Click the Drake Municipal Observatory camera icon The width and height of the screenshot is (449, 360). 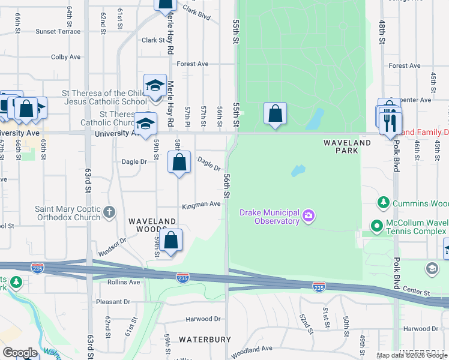pyautogui.click(x=309, y=215)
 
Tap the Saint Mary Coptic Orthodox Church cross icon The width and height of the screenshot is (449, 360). pyautogui.click(x=109, y=212)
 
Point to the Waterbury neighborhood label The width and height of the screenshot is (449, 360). pyautogui.click(x=205, y=340)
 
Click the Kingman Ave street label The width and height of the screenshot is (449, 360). pyautogui.click(x=202, y=204)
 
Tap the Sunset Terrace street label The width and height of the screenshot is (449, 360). pyautogui.click(x=58, y=31)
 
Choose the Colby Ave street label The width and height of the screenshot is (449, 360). pyautogui.click(x=66, y=57)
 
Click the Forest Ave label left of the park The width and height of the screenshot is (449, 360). pyautogui.click(x=193, y=64)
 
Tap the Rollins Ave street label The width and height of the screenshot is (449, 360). pyautogui.click(x=124, y=282)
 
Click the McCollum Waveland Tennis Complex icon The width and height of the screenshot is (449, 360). pyautogui.click(x=377, y=226)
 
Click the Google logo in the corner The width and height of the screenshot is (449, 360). pyautogui.click(x=20, y=353)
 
